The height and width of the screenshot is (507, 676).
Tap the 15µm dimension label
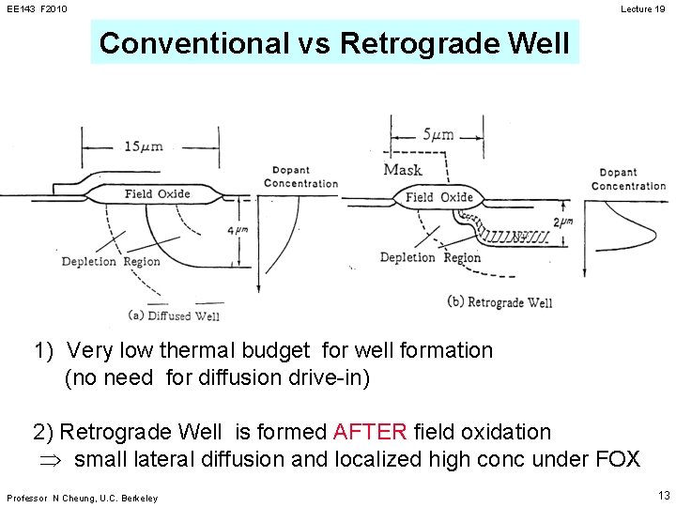(x=144, y=146)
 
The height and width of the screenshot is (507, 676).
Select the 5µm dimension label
(x=438, y=134)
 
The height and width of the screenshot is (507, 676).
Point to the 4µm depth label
(x=240, y=229)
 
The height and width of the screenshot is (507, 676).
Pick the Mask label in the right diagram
(x=403, y=170)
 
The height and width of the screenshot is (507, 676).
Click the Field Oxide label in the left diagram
(x=157, y=194)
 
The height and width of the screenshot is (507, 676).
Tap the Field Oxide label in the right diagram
(x=438, y=196)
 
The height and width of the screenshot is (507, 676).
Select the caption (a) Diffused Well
(x=174, y=315)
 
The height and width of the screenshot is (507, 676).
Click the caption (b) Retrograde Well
(x=501, y=302)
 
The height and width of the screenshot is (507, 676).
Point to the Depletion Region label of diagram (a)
(x=111, y=261)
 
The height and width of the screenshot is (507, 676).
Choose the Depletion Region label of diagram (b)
(x=430, y=257)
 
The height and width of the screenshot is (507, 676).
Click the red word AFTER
(x=370, y=432)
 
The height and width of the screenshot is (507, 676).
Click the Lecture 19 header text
(x=643, y=9)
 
